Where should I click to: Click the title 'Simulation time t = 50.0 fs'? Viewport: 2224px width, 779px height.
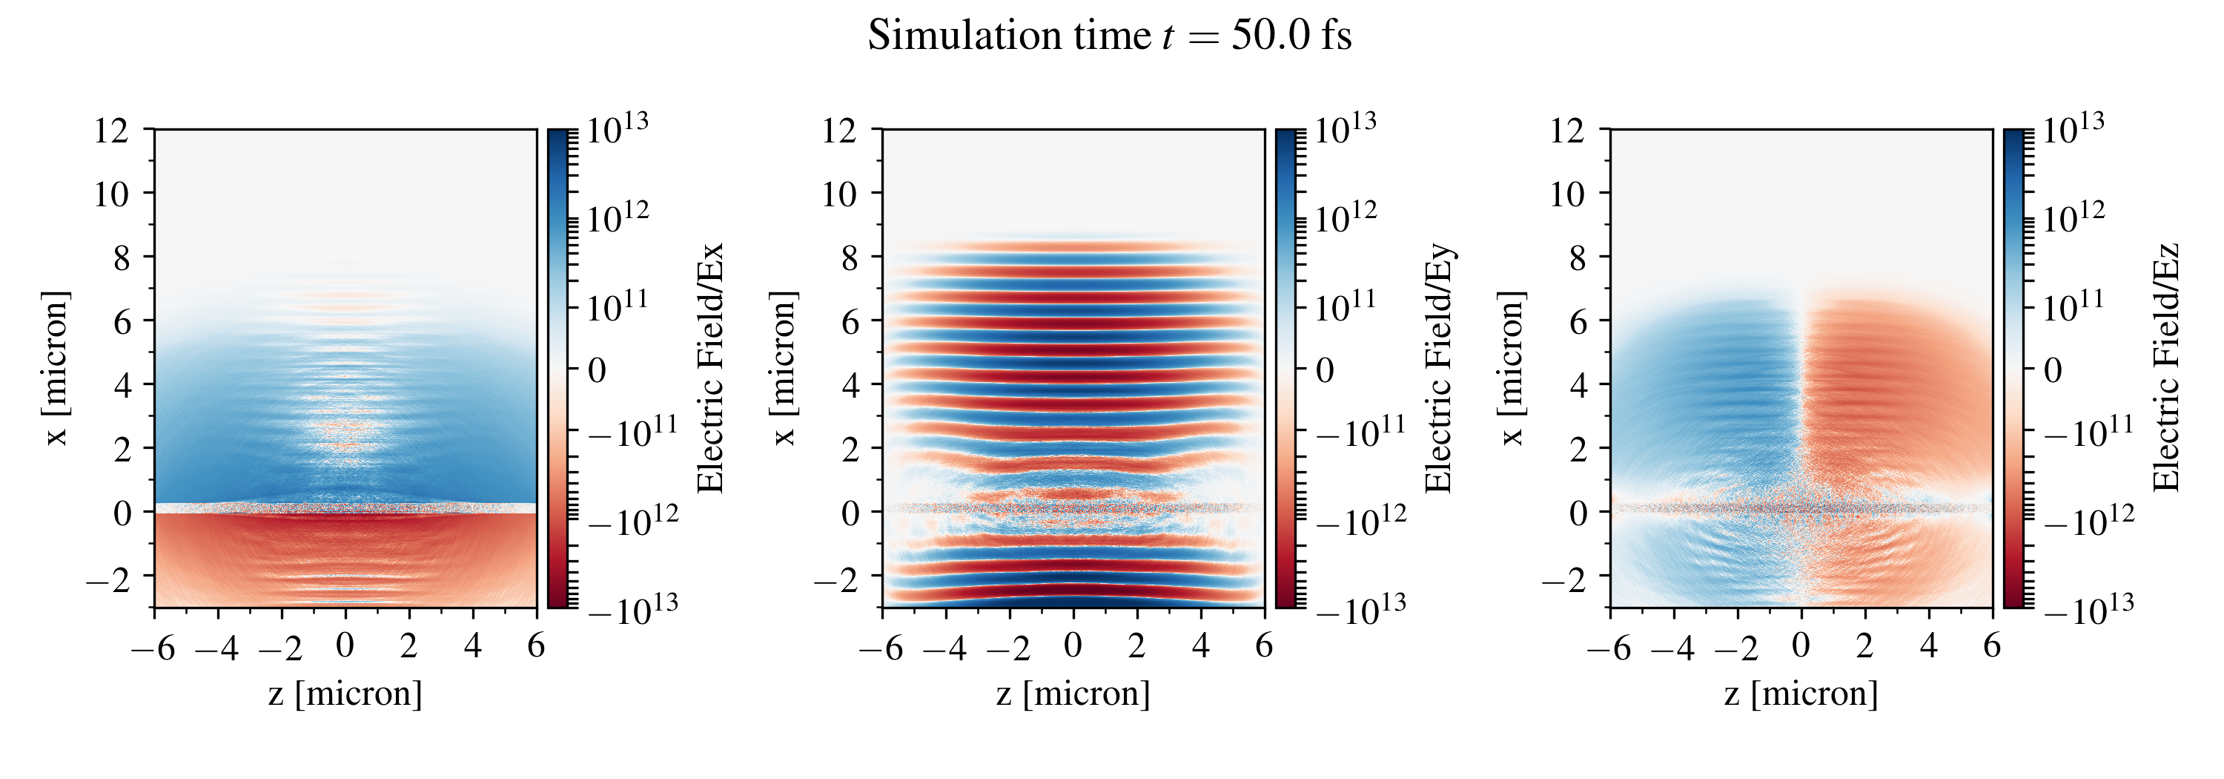1110,36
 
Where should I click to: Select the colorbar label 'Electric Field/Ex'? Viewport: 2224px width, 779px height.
709,369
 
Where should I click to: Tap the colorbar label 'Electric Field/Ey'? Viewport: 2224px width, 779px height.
1438,369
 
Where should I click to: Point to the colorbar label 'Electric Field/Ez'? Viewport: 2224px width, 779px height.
2166,369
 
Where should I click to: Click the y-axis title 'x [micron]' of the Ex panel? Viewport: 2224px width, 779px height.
56,369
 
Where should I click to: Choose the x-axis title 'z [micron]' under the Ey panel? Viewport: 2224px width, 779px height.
1073,694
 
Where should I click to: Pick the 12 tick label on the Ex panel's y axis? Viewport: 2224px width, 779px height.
111,131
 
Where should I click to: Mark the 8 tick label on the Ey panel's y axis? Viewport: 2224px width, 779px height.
850,257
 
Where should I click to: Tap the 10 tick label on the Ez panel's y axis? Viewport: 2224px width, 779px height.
1568,194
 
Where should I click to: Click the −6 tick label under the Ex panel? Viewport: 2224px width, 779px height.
153,647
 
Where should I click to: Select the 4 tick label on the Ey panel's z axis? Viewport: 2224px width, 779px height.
1200,645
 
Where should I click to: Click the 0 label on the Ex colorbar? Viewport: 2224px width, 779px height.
598,370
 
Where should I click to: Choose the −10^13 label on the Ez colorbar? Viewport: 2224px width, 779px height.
2089,611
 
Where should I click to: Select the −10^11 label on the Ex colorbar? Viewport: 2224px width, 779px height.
633,432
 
